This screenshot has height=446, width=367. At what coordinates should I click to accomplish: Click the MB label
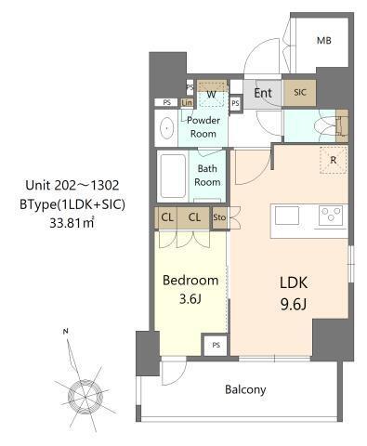323,40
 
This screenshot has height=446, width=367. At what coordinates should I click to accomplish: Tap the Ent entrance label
263,93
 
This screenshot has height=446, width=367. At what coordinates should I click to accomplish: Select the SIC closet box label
300,93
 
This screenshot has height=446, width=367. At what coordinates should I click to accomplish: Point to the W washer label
212,94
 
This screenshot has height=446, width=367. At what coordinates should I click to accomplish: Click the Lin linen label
187,102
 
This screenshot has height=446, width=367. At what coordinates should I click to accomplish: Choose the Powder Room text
203,127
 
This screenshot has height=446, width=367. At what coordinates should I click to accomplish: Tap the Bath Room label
208,176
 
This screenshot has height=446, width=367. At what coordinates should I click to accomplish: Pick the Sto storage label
219,218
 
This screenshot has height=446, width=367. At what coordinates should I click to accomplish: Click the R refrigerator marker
332,159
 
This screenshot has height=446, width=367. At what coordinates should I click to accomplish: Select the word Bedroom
190,281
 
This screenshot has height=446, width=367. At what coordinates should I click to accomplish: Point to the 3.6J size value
190,299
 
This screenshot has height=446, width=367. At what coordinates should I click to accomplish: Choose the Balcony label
245,389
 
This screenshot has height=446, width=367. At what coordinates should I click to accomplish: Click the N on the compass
64,331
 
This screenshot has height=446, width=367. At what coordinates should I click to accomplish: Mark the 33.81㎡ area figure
76,222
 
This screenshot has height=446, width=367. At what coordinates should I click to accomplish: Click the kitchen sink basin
286,216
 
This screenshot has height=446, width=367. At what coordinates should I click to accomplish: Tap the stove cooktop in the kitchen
330,216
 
